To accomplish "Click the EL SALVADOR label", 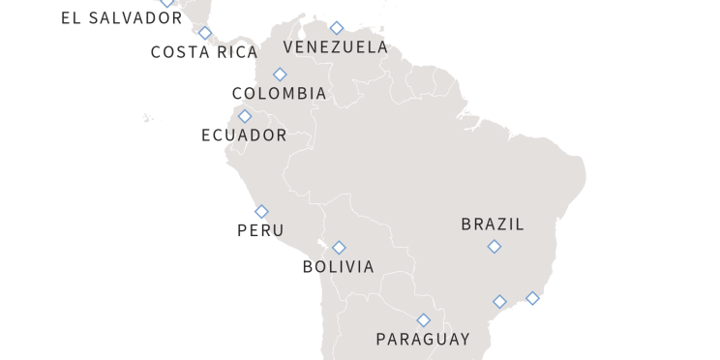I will (x=121, y=18).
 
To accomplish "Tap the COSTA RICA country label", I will (x=204, y=52).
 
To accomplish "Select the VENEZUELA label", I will (x=335, y=46).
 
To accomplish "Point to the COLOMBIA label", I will (x=279, y=94).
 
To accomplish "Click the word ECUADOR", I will (x=244, y=135).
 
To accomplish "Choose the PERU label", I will (x=260, y=230).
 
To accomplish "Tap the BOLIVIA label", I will (x=338, y=266).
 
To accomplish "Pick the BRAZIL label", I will (x=493, y=225).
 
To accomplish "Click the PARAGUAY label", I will (x=423, y=339).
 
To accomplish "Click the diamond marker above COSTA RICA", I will (x=205, y=33).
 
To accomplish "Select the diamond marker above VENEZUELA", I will (x=336, y=28).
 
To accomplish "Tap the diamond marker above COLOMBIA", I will (x=280, y=75).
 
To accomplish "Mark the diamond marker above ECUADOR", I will (x=245, y=116).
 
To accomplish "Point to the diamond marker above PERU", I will (x=261, y=211).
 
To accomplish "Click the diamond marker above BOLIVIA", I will (x=339, y=248).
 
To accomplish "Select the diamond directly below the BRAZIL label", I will (x=494, y=247).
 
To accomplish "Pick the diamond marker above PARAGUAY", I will (x=423, y=320).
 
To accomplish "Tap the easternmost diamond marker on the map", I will (x=532, y=298).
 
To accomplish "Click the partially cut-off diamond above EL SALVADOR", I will (x=167, y=2).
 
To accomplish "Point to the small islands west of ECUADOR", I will (x=147, y=118).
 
